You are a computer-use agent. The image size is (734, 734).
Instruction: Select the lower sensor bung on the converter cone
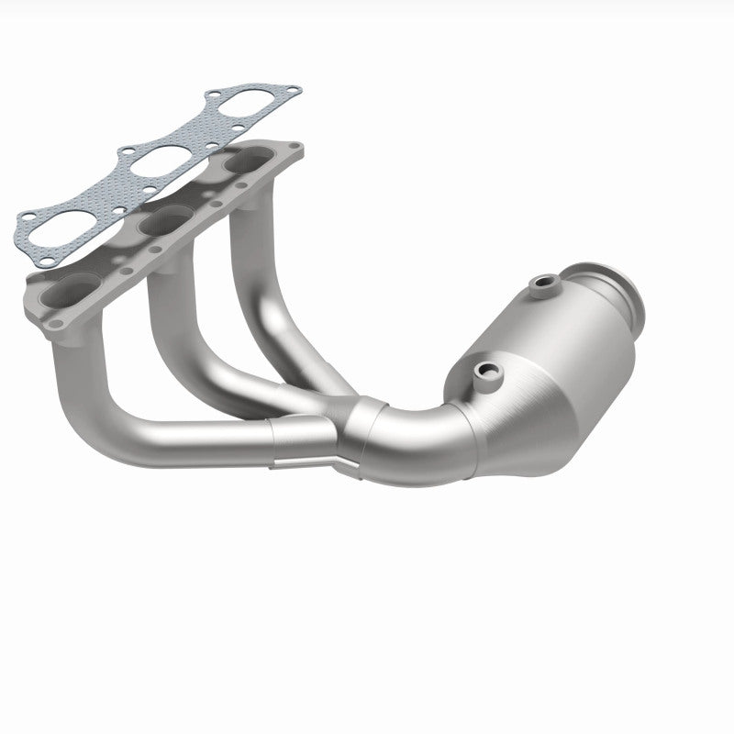(x=483, y=371)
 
